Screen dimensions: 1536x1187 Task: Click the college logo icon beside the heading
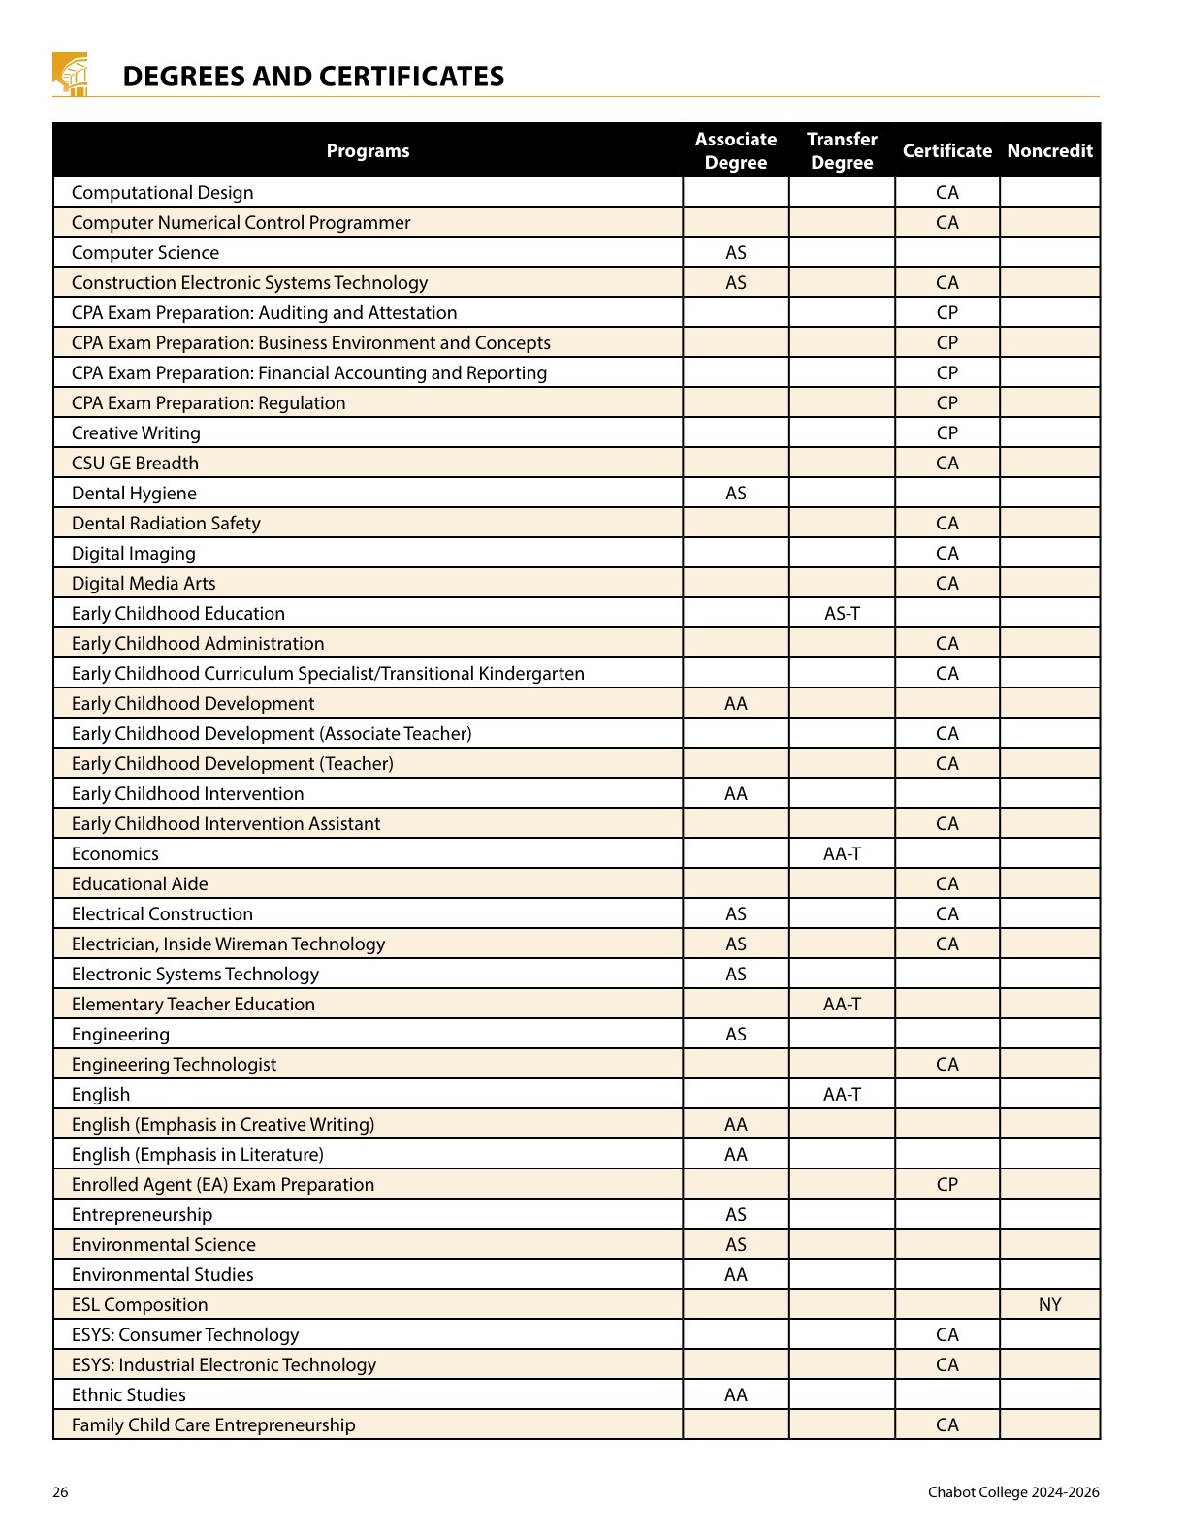(70, 75)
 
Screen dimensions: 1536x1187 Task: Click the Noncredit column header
(1049, 150)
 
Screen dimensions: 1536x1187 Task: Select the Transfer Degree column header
(842, 150)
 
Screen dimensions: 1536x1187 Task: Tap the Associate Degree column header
(736, 150)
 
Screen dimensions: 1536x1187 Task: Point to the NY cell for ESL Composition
(1049, 1304)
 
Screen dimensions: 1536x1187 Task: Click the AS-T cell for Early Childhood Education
(842, 613)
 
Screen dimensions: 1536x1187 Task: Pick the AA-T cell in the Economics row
(842, 853)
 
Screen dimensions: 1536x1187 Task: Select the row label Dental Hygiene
(134, 493)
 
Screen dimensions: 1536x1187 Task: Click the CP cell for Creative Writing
(947, 432)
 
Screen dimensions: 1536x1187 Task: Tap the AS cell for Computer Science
(736, 252)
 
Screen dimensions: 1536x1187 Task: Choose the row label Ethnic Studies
(129, 1394)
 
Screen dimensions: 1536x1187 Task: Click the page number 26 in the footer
(60, 1491)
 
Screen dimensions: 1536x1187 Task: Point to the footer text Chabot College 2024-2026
(1013, 1491)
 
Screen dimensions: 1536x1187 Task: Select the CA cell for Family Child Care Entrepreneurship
(947, 1424)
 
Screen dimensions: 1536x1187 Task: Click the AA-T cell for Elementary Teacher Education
(842, 1004)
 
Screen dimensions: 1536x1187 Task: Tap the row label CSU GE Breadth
(135, 463)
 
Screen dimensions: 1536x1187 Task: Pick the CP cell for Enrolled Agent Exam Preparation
(947, 1184)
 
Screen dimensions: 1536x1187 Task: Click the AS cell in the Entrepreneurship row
(736, 1214)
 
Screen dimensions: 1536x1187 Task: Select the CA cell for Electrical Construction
(947, 913)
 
